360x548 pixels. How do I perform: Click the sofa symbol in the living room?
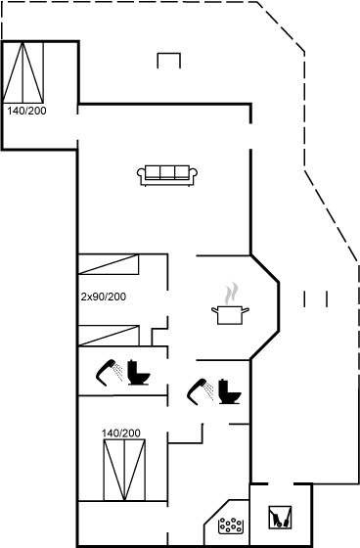(167, 175)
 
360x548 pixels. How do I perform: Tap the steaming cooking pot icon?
(230, 304)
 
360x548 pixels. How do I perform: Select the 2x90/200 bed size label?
(104, 297)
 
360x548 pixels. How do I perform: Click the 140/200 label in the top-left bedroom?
(27, 111)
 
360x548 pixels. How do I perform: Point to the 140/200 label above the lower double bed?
(121, 433)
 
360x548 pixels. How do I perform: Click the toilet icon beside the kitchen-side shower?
(230, 391)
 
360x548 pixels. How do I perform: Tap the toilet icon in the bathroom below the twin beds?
(138, 373)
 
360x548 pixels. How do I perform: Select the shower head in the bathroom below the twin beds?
(110, 373)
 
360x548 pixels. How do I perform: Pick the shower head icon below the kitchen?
(201, 391)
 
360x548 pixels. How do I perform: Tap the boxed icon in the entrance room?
(280, 518)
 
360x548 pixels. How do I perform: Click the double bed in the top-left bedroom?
(23, 72)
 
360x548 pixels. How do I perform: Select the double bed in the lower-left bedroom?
(124, 470)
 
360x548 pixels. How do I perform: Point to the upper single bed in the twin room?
(109, 264)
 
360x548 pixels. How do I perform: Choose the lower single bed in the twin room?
(109, 336)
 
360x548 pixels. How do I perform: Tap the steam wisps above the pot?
(231, 294)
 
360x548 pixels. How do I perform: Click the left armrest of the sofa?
(141, 176)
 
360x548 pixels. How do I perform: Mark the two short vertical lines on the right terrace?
(316, 298)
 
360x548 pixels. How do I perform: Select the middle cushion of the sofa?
(167, 172)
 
